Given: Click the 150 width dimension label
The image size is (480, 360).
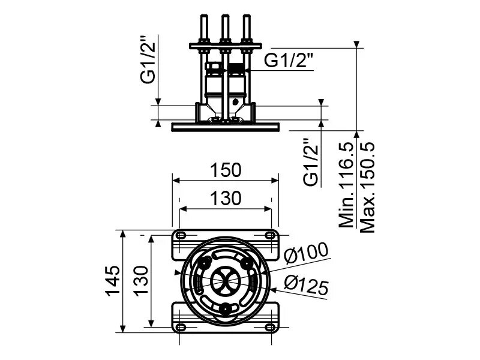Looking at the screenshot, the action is [x=226, y=170].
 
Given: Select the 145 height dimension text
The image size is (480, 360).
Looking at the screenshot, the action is [x=113, y=281].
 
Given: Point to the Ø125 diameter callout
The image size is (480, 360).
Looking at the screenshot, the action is [x=306, y=284].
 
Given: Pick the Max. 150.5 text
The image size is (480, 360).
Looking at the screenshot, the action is [x=367, y=187].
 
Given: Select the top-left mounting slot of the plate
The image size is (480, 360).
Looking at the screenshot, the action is [x=181, y=235].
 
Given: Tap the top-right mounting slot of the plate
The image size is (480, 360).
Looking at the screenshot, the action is [x=270, y=235].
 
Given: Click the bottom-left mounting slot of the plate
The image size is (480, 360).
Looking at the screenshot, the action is [x=181, y=327].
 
